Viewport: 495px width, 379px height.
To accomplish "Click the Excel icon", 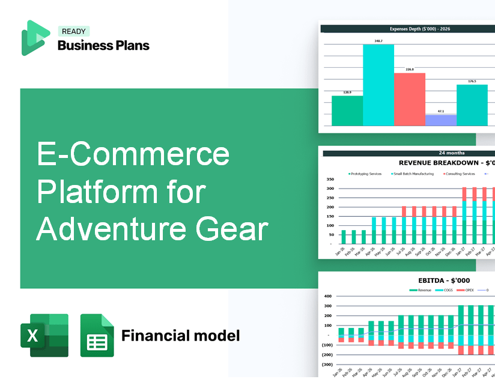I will point(44,335).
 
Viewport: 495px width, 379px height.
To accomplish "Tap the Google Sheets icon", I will point(97,335).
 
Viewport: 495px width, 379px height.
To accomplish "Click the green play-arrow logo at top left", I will point(34,38).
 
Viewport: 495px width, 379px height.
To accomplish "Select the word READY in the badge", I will point(73,32).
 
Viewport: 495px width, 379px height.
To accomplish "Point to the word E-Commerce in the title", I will point(133,154).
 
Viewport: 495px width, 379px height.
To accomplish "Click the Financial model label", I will point(180,335).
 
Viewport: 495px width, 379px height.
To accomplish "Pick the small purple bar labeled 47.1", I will point(440,120).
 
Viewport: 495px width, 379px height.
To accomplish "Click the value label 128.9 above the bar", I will point(347,92).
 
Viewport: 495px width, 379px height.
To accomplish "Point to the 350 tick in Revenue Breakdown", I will point(329,180).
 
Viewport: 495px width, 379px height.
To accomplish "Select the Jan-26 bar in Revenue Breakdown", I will point(344,237).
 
